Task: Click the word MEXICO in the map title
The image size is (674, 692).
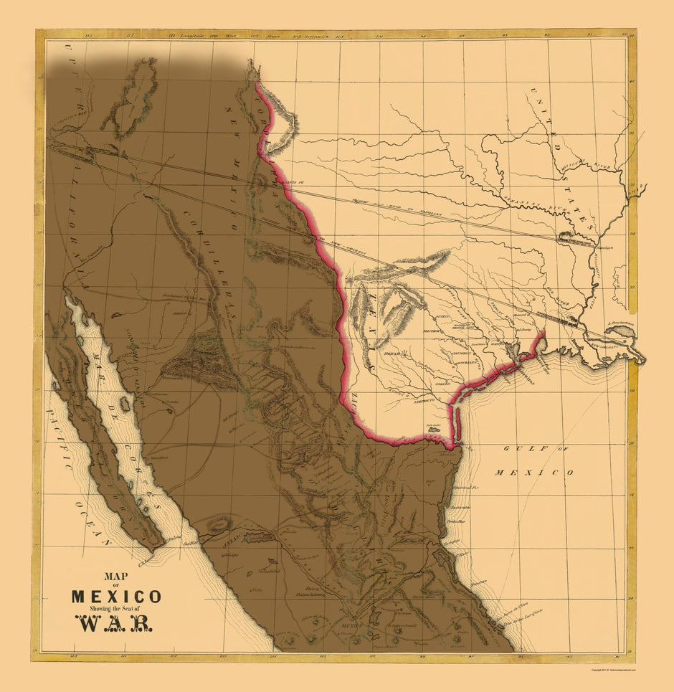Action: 115,596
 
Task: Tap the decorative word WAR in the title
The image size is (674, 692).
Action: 114,622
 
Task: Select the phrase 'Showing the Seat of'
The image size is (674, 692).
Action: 115,608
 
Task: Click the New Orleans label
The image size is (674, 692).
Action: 614,345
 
